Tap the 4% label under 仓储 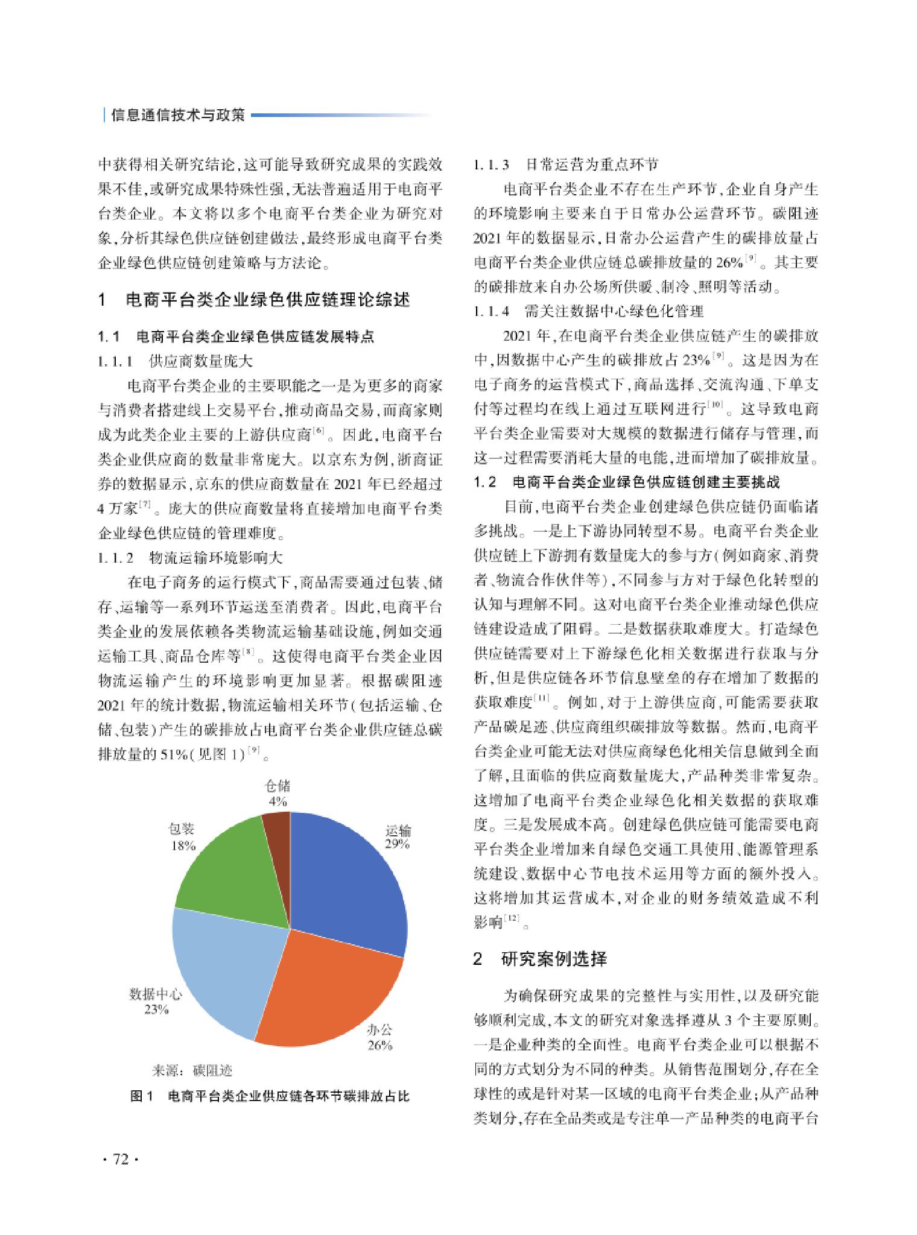[278, 801]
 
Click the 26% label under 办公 [380, 1045]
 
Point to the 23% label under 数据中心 [156, 1009]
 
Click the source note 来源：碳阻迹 [192, 1070]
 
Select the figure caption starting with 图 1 [270, 1096]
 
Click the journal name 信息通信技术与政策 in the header [179, 115]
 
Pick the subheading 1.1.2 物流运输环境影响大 [190, 557]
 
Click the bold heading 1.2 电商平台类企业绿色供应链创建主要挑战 [627, 482]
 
